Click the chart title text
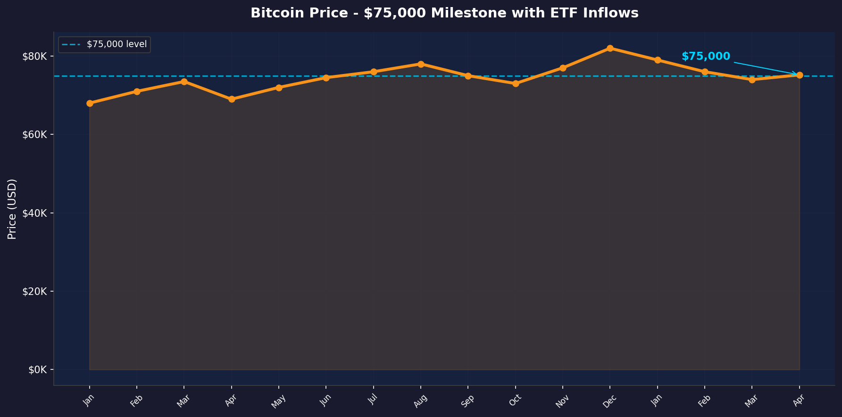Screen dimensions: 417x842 [444, 13]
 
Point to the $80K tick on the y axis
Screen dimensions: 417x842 [35, 57]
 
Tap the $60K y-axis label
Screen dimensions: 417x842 [35, 135]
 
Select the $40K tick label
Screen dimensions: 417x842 [35, 213]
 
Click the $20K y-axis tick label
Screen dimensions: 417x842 [35, 291]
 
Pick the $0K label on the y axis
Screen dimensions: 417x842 [38, 370]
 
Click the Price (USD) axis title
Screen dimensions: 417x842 [13, 209]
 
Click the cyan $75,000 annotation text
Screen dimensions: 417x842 [706, 57]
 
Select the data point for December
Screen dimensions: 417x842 [610, 48]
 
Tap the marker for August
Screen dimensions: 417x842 [421, 64]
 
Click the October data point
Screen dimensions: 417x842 [516, 83]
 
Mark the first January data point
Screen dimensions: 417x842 [90, 103]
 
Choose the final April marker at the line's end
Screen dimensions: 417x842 [800, 75]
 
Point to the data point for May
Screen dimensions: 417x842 [279, 88]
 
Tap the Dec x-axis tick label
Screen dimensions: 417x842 [609, 400]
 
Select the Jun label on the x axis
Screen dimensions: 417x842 [325, 400]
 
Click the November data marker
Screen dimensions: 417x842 [563, 68]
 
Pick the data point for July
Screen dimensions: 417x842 [374, 72]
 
